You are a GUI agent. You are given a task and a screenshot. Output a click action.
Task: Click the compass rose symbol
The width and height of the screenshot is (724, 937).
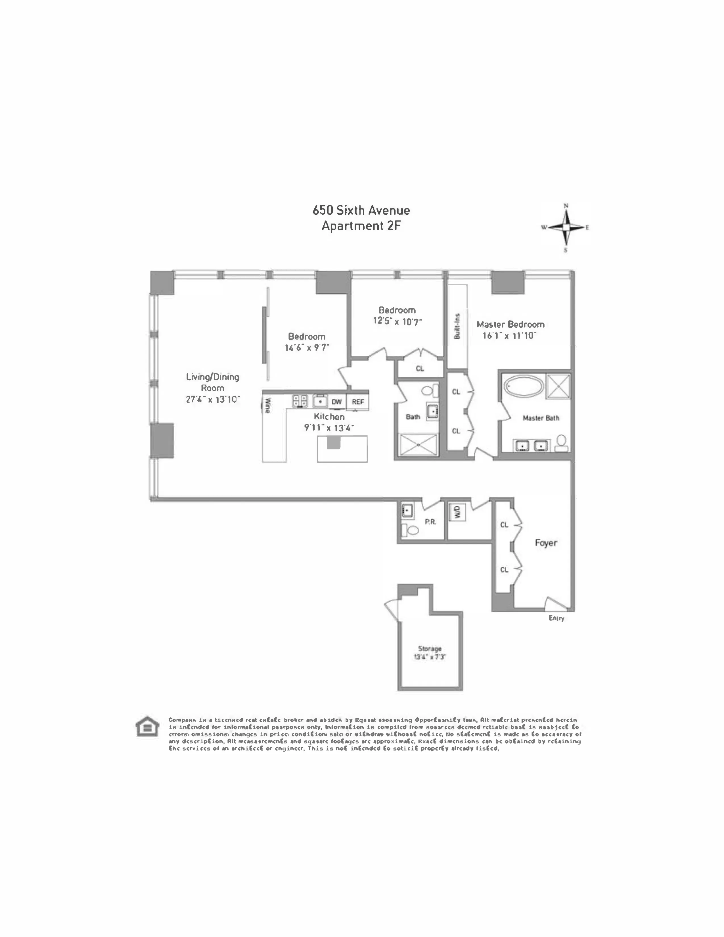click(x=566, y=228)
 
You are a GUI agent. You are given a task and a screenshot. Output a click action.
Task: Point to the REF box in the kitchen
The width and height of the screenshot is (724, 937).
click(x=358, y=402)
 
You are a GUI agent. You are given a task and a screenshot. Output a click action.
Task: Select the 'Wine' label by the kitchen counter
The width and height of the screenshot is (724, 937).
click(x=267, y=405)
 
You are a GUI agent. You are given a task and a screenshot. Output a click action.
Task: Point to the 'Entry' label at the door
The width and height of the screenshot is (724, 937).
click(x=556, y=618)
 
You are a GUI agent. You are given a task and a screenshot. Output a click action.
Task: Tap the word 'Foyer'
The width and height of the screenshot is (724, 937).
click(x=546, y=543)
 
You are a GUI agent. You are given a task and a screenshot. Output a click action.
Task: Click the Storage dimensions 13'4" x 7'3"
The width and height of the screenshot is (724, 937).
click(x=430, y=657)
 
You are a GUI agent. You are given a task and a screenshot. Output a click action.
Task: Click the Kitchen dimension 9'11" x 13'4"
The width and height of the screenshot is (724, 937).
click(x=329, y=428)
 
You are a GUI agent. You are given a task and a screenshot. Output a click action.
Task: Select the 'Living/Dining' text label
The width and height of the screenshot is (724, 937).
click(x=212, y=377)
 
